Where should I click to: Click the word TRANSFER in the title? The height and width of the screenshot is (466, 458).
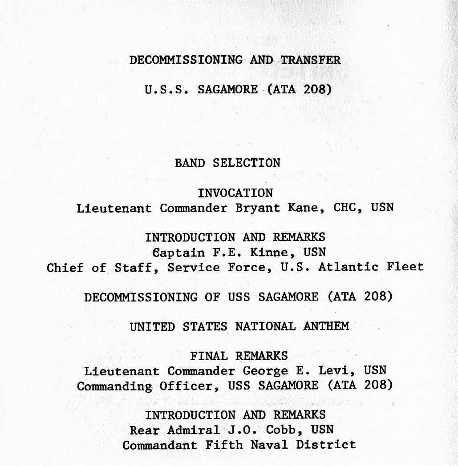coord(311,60)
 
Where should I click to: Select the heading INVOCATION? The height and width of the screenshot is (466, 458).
coord(235,193)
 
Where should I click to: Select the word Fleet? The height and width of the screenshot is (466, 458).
coord(405,267)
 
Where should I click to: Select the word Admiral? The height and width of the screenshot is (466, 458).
coord(194,430)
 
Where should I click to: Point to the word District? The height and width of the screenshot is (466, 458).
coord(329,445)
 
